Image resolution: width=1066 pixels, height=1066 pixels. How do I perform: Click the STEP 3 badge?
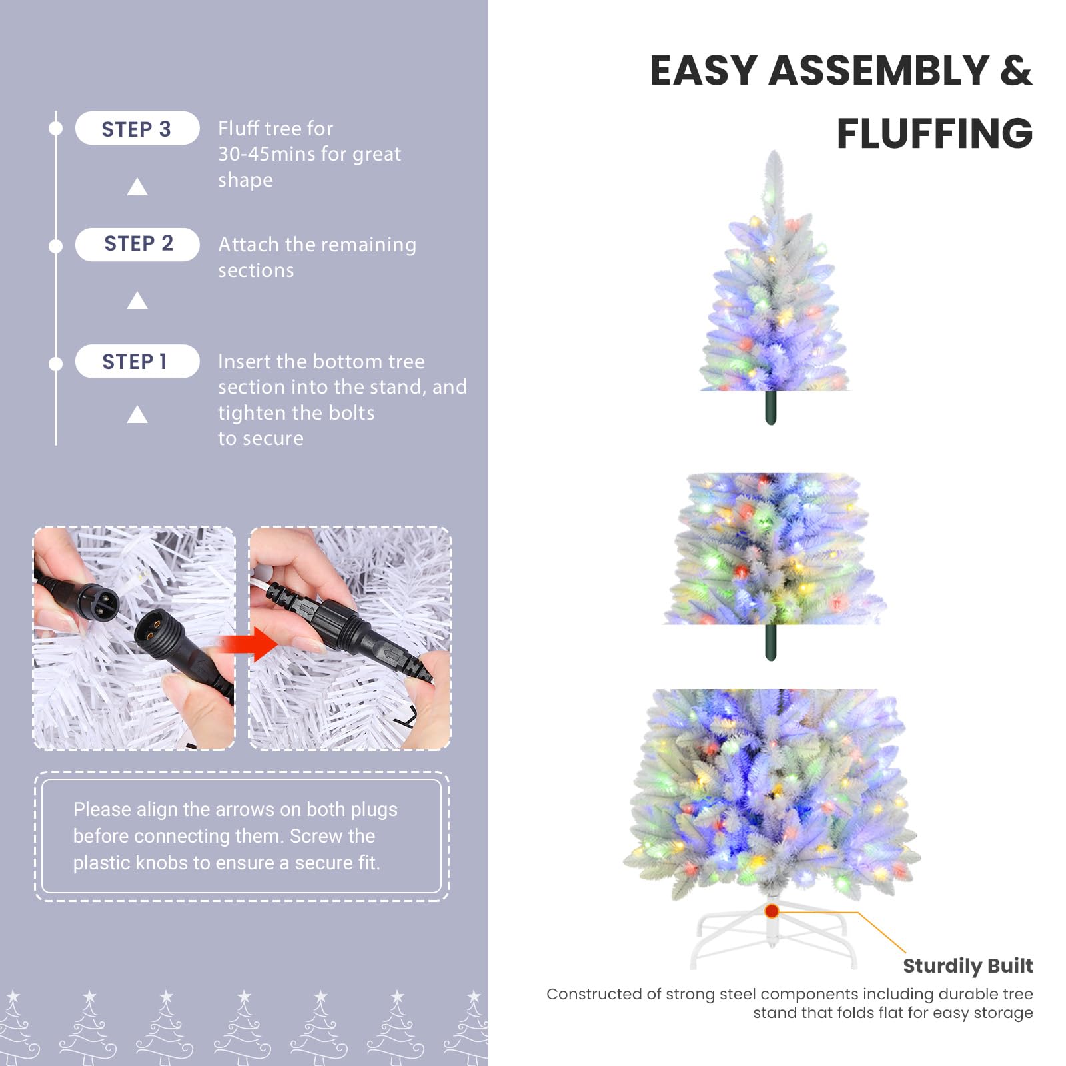[x=137, y=128]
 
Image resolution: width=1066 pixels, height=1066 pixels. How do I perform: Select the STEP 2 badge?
[x=137, y=244]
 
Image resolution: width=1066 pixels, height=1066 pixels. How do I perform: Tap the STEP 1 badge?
[x=137, y=361]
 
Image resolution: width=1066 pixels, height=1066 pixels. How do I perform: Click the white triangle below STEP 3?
[x=137, y=187]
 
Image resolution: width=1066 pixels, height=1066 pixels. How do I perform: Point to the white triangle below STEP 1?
[x=137, y=414]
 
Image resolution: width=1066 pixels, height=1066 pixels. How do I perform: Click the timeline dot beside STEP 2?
[x=56, y=246]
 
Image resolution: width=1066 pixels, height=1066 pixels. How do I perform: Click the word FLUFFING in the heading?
[x=935, y=133]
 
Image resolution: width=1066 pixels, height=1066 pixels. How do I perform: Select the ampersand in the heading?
[x=1016, y=71]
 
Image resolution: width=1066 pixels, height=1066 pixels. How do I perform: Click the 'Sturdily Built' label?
[x=967, y=965]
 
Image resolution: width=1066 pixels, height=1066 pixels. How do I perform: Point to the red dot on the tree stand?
[x=772, y=911]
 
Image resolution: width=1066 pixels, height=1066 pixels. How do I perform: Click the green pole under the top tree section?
[x=771, y=408]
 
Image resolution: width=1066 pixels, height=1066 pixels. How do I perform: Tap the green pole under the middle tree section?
[x=771, y=642]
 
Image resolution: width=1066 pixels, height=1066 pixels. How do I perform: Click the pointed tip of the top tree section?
[x=774, y=151]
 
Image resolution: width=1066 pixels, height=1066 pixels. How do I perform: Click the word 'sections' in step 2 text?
[x=256, y=270]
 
